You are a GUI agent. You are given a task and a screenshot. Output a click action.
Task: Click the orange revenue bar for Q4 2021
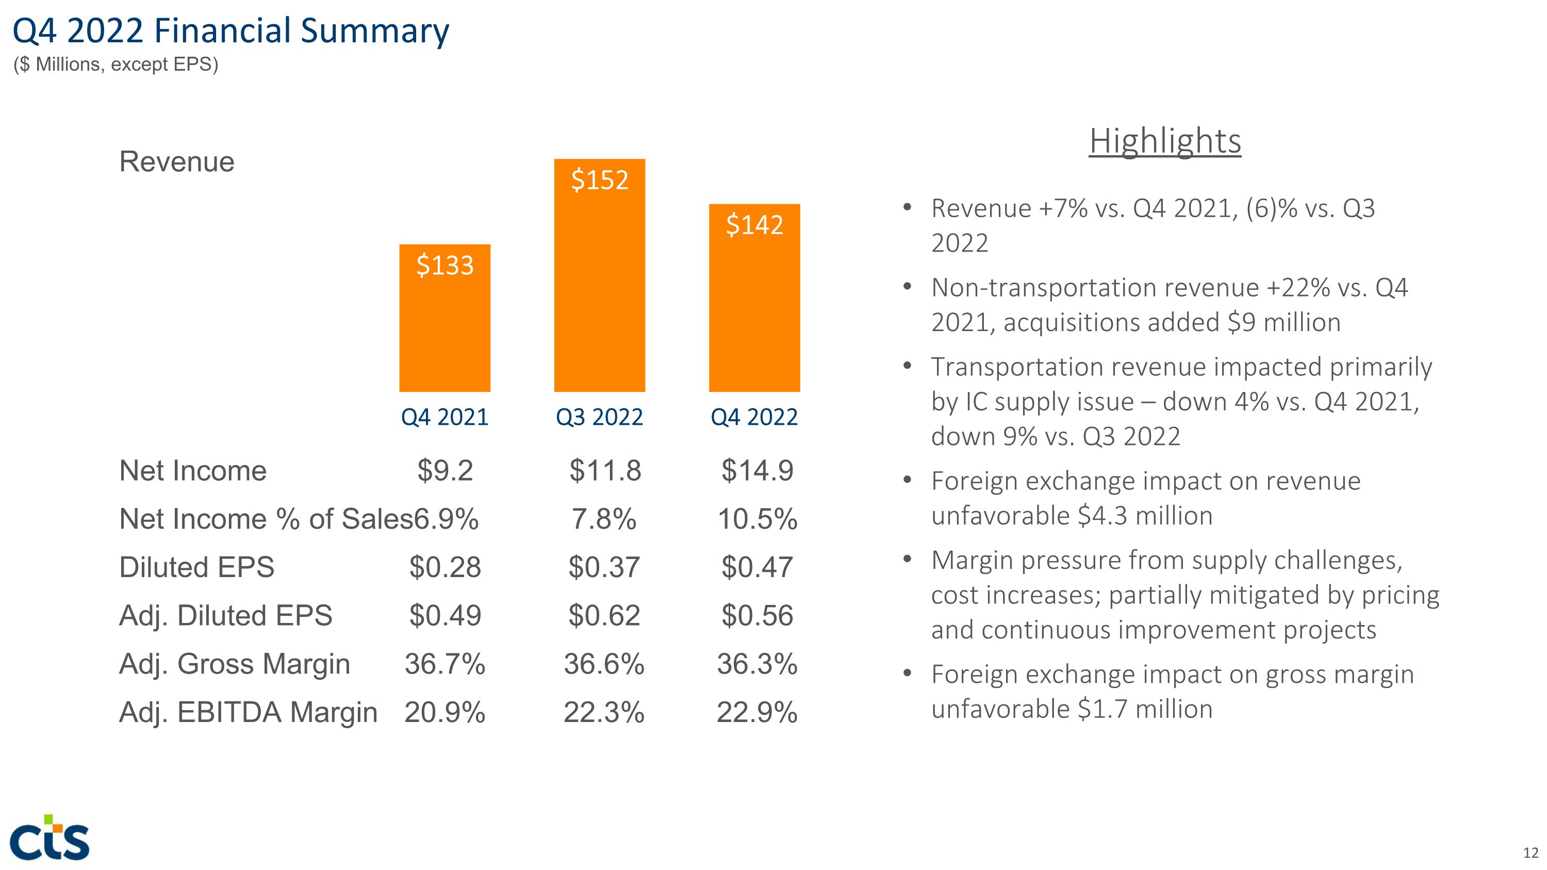445,324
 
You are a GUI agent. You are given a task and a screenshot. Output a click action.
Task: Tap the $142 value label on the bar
754,224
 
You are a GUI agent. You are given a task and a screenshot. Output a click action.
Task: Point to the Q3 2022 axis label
599,417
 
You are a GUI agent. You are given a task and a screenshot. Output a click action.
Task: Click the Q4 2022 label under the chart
754,417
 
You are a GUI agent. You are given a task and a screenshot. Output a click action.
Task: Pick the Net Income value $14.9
756,470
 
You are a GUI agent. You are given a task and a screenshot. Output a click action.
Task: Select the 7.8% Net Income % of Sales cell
603,519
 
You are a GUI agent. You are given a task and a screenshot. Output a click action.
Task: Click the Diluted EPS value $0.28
445,567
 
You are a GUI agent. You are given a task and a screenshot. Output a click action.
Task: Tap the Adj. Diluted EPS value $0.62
604,615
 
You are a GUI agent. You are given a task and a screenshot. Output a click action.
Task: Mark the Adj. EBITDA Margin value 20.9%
445,713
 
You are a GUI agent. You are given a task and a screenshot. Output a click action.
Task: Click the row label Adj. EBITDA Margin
248,713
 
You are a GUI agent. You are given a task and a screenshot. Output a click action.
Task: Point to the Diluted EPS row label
196,567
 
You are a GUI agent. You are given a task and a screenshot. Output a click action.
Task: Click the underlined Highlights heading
1165,141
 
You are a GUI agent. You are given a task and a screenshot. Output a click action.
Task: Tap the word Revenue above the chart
176,161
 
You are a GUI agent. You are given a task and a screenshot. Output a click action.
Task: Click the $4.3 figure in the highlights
1102,516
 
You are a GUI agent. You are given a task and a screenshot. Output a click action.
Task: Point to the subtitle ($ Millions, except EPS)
116,64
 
